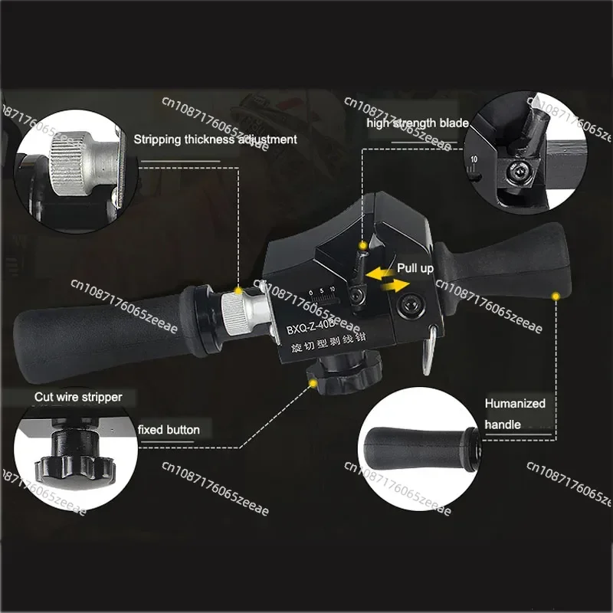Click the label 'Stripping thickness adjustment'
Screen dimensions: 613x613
pyautogui.click(x=215, y=139)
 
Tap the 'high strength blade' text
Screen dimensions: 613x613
pyautogui.click(x=412, y=123)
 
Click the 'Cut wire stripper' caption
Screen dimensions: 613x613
pyautogui.click(x=78, y=397)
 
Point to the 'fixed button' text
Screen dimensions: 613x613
pyautogui.click(x=169, y=430)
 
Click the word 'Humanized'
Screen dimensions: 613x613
pyautogui.click(x=515, y=403)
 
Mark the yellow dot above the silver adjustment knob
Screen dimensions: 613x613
pyautogui.click(x=239, y=291)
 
